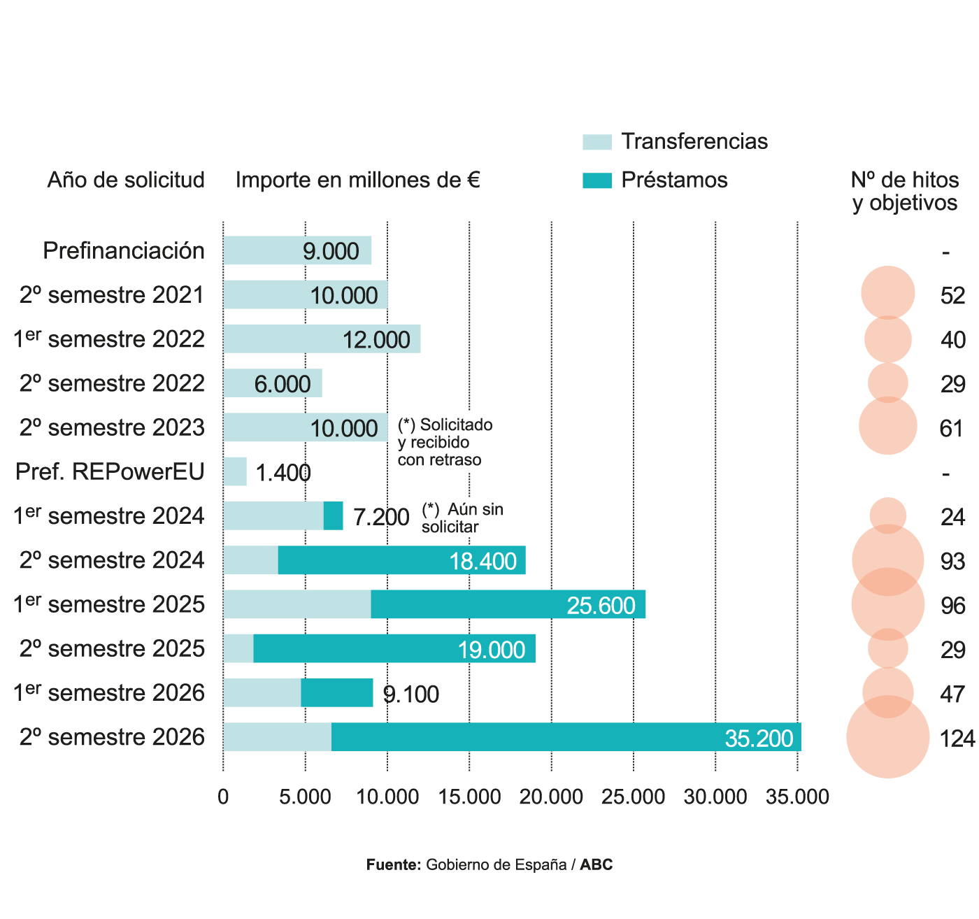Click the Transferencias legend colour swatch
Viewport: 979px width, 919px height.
[x=596, y=142]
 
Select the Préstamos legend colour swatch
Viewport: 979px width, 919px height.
[x=596, y=180]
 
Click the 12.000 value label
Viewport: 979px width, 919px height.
[x=376, y=340]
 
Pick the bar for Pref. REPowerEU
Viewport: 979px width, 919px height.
[x=235, y=472]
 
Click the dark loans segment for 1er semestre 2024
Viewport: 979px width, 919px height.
[x=333, y=516]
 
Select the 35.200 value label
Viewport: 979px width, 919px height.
[x=759, y=739]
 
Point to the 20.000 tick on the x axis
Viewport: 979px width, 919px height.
[x=552, y=797]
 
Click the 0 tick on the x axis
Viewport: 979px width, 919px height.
[x=223, y=797]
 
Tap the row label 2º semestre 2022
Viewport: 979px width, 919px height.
[x=112, y=383]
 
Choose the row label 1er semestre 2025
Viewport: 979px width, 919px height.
[x=109, y=604]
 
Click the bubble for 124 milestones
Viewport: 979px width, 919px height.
[x=887, y=737]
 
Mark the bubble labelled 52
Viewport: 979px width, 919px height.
[x=887, y=293]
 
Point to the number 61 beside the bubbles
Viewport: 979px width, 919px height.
[x=952, y=428]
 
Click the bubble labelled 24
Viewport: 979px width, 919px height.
[x=887, y=516]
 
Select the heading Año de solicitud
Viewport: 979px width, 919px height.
[x=126, y=180]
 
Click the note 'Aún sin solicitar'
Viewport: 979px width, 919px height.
[x=462, y=518]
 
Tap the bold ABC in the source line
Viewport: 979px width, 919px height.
[x=596, y=865]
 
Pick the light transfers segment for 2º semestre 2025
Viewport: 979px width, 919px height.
[x=238, y=649]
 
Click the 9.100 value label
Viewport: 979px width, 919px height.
[x=411, y=694]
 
